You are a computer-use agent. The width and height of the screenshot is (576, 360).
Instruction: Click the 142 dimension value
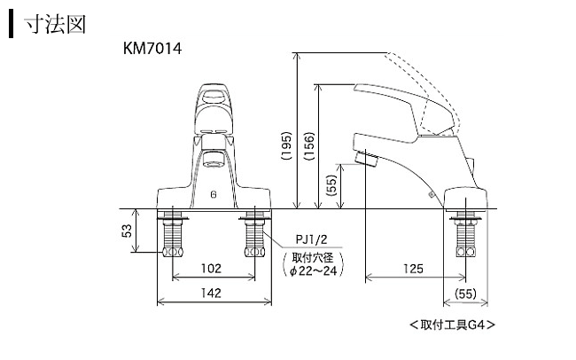pyautogui.click(x=212, y=293)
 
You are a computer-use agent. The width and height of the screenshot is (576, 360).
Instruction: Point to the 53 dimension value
pyautogui.click(x=127, y=231)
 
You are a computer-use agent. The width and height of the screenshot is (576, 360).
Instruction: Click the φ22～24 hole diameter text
pyautogui.click(x=316, y=271)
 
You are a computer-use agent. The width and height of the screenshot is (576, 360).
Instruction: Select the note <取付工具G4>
pyautogui.click(x=452, y=325)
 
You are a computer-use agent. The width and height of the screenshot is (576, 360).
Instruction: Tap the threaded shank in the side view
pyautogui.click(x=464, y=238)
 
